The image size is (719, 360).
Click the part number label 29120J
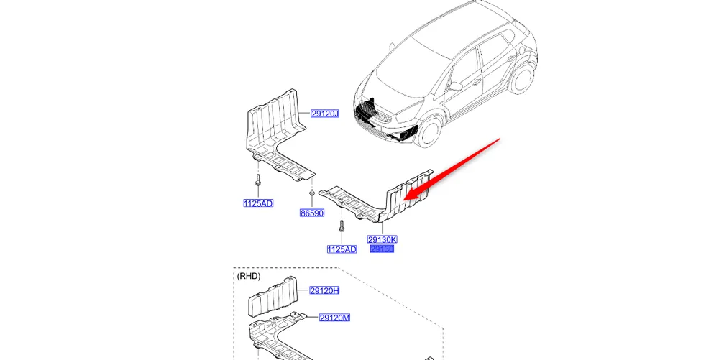(x=325, y=114)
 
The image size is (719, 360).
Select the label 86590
(x=312, y=213)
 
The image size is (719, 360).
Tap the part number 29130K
(x=382, y=239)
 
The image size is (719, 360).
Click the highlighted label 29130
(x=382, y=249)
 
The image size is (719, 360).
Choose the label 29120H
(x=324, y=290)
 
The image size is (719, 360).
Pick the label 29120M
(x=334, y=318)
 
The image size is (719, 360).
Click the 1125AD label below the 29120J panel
(x=258, y=203)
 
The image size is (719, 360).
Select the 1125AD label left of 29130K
(x=342, y=249)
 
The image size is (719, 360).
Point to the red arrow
(x=453, y=168)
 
